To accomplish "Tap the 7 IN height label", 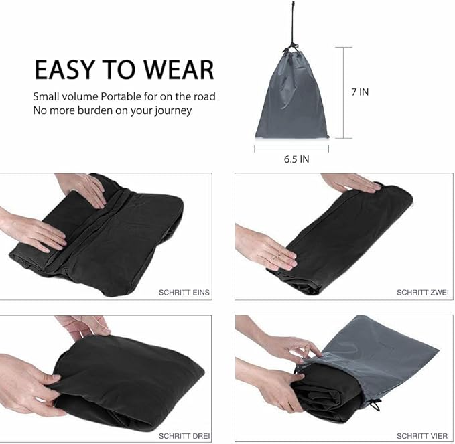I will point(359,92).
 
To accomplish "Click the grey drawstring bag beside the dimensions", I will point(292,100).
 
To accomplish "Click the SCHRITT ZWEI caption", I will point(423,292).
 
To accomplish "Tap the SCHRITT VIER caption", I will point(422,435).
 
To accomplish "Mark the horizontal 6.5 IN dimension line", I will point(291,149).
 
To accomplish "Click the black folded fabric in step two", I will point(342,238).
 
